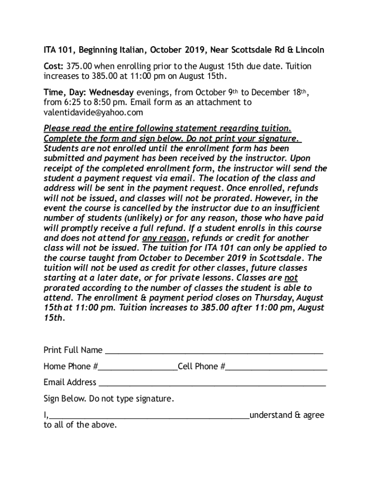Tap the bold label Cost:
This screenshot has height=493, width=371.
point(53,66)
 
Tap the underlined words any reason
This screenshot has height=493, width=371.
point(165,238)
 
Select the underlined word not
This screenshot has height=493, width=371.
point(291,278)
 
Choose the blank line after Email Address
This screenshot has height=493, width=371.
point(212,383)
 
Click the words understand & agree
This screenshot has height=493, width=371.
point(287,415)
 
